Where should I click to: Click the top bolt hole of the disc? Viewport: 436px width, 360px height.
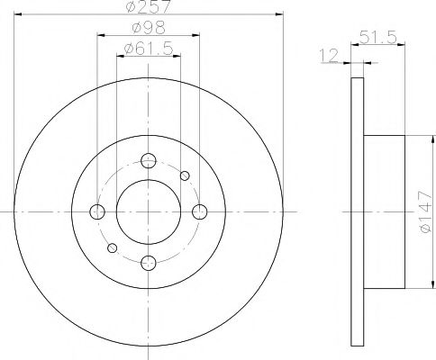pyautogui.click(x=149, y=162)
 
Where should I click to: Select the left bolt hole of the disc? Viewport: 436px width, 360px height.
pyautogui.click(x=98, y=211)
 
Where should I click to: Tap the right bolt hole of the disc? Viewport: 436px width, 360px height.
pyautogui.click(x=199, y=211)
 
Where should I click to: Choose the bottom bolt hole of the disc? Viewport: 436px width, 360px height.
pyautogui.click(x=149, y=262)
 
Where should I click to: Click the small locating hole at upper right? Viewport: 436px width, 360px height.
pyautogui.click(x=185, y=175)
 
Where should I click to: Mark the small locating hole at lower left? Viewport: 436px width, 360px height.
pyautogui.click(x=113, y=247)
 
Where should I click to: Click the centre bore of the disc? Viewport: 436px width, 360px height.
pyautogui.click(x=149, y=211)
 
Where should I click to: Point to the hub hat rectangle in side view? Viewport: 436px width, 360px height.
pyautogui.click(x=383, y=211)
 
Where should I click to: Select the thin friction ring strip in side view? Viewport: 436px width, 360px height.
pyautogui.click(x=355, y=211)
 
